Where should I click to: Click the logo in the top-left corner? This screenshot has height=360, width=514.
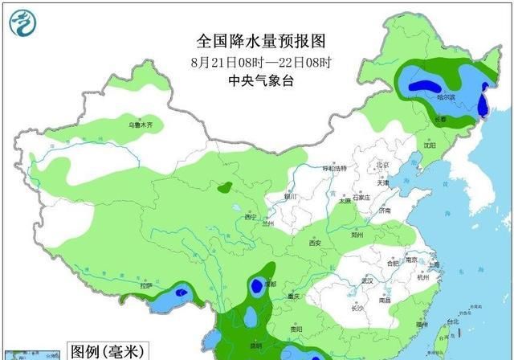pos(22,22)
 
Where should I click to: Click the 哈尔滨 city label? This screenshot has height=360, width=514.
pos(447,96)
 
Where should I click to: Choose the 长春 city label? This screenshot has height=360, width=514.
pos(440,119)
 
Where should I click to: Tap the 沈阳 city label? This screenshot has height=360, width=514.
pos(431,145)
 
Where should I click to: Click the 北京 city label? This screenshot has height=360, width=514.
pos(382,165)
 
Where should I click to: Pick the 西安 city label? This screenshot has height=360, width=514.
pos(315,243)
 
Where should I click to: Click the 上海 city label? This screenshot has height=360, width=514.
pos(434,264)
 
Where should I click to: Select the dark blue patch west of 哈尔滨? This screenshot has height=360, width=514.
pos(422,83)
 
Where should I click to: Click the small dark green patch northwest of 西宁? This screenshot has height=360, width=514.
pos(226,188)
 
